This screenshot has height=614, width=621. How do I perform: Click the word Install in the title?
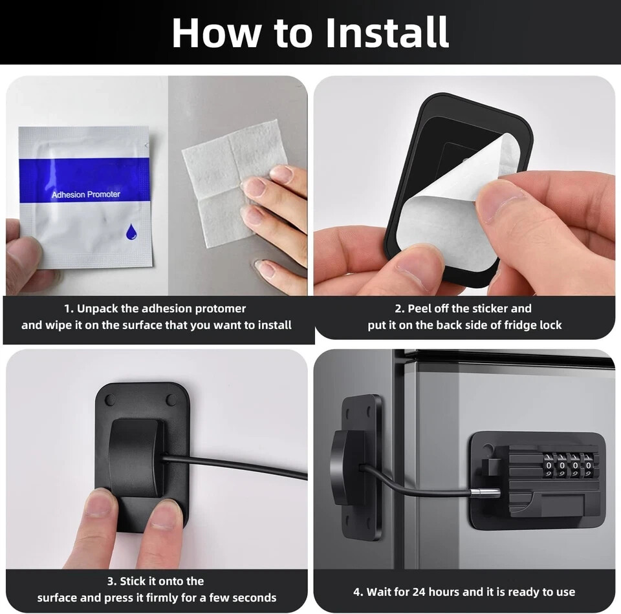(x=387, y=32)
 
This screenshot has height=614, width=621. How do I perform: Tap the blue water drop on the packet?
(x=131, y=231)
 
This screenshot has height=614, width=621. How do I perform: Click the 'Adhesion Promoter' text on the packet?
(x=85, y=195)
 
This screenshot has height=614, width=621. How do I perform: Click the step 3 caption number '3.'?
(x=112, y=581)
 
